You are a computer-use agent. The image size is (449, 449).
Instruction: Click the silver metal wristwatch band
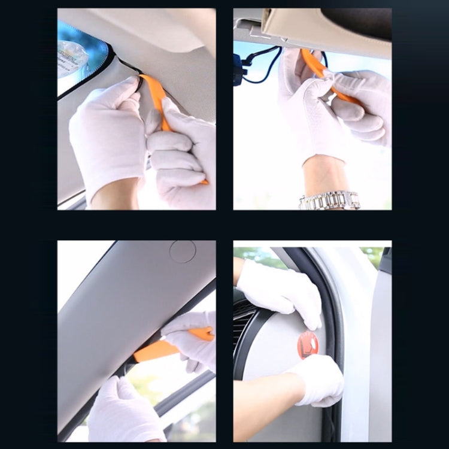pyautogui.click(x=330, y=200)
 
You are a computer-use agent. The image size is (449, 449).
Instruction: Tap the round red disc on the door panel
pyautogui.click(x=308, y=345)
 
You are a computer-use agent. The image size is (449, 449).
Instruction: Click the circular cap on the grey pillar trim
pyautogui.click(x=182, y=251)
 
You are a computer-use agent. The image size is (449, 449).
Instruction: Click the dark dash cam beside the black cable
pyautogui.click(x=239, y=68)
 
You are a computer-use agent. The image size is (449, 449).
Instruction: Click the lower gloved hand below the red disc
pyautogui.click(x=317, y=380)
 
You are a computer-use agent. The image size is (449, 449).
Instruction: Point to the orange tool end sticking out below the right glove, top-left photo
pyautogui.click(x=204, y=181)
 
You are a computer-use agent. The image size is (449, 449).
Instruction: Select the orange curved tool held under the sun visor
pyautogui.click(x=314, y=65)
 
